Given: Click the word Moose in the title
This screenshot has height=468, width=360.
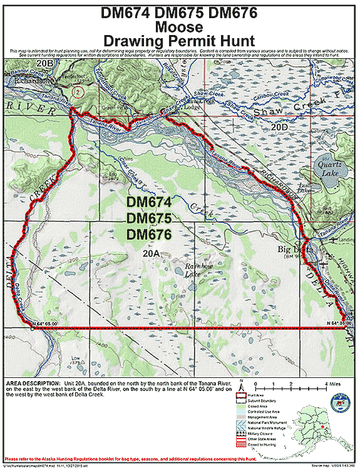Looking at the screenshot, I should tap(180, 27).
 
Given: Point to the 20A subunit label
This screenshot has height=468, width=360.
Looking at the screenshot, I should tap(151, 252).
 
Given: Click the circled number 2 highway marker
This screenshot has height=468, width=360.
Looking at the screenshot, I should tap(76, 91).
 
